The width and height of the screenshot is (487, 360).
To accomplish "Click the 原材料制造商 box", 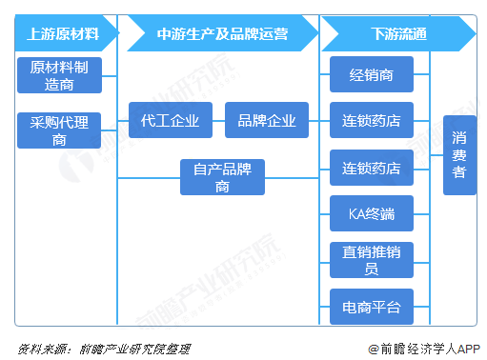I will click(58, 74).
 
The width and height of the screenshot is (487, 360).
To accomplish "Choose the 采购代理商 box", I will click(58, 130).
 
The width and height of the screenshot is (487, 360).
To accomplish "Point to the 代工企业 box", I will click(171, 121).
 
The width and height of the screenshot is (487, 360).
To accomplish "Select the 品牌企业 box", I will click(267, 121).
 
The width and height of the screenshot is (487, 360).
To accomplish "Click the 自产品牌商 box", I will click(223, 177).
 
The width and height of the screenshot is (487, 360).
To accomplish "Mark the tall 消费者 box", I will click(459, 154).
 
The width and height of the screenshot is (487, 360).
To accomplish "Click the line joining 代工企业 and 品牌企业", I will click(219, 121).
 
